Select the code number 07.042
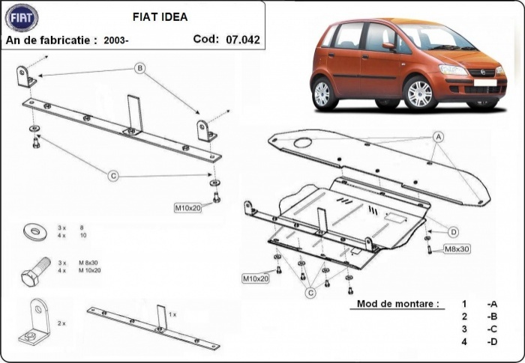[242, 40]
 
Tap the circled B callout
[139, 68]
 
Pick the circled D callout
[454, 231]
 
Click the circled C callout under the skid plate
[309, 294]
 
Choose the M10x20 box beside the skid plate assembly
[255, 278]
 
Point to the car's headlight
[453, 70]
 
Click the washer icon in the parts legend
[33, 231]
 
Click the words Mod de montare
[394, 305]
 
